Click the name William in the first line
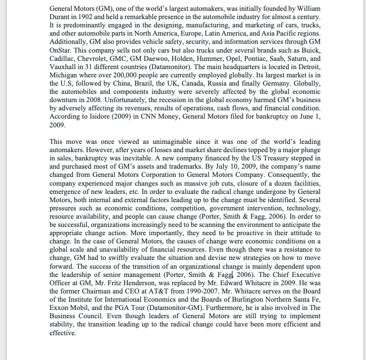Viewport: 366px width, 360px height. pyautogui.click(x=305, y=9)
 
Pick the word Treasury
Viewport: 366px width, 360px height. pyautogui.click(x=282, y=158)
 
